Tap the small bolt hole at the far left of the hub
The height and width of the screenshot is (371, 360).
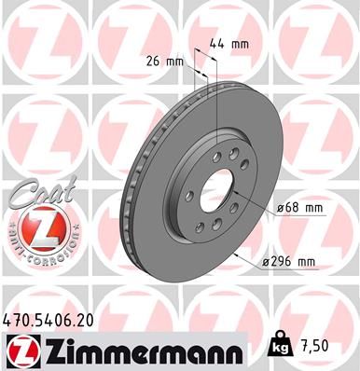(190, 195)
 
